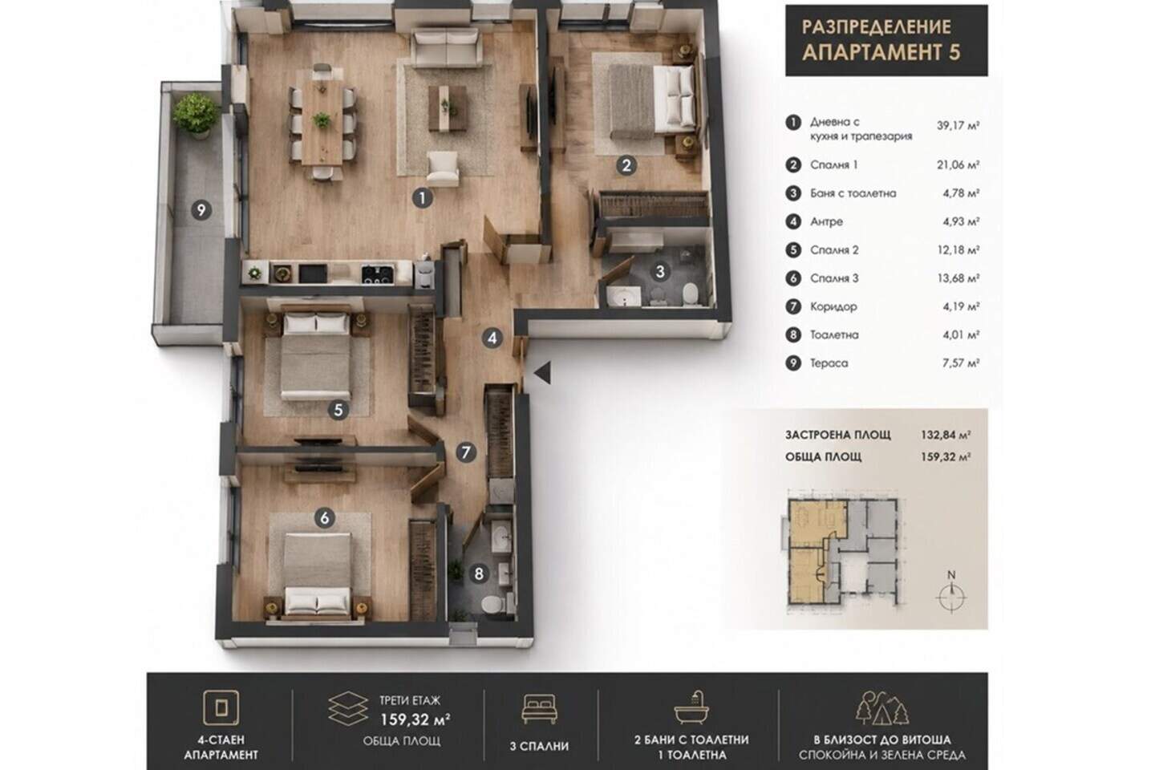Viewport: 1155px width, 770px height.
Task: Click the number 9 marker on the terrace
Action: (x=201, y=210)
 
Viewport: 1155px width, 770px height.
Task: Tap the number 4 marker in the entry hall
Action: (x=492, y=338)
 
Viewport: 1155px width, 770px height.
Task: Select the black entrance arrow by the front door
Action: (x=542, y=372)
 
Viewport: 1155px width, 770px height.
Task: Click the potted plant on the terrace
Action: (x=196, y=115)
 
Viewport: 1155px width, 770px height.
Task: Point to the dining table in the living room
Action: (x=322, y=123)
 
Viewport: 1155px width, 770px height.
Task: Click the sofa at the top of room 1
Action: (x=447, y=47)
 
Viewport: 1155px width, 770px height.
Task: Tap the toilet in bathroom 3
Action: (x=691, y=293)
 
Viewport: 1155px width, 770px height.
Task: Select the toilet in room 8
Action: (x=492, y=604)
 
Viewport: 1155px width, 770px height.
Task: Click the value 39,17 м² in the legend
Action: (x=958, y=125)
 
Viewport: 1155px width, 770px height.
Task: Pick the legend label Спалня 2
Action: (x=834, y=250)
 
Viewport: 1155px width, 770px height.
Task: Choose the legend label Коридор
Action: (x=833, y=307)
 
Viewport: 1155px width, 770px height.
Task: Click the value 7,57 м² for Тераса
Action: (x=961, y=363)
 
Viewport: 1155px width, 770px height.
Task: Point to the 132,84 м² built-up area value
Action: (x=946, y=435)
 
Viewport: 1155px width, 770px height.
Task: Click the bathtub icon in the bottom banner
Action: (x=691, y=707)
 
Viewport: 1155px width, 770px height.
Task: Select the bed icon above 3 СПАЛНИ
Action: (x=539, y=709)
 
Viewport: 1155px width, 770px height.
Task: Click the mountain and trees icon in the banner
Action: (x=882, y=707)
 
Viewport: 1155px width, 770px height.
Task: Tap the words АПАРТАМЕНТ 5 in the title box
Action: (x=881, y=53)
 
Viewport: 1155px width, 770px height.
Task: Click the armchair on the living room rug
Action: (x=443, y=168)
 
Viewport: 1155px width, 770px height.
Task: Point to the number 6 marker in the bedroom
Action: (x=324, y=517)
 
